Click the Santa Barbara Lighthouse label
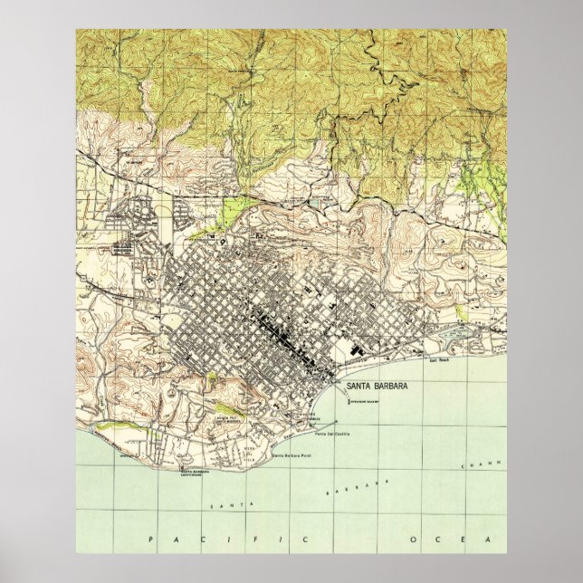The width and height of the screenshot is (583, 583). pos(200,473)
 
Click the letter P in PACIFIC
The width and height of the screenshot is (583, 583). pos(149,540)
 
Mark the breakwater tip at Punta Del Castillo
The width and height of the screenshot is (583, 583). pos(336,423)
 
